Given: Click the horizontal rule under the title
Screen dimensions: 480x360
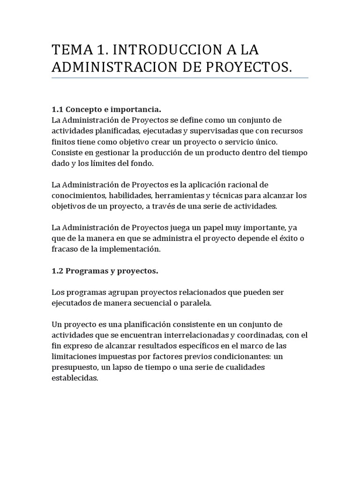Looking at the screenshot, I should (180, 78).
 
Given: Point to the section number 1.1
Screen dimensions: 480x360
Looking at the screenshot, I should (57, 109).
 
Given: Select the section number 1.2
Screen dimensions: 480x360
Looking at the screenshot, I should (57, 270).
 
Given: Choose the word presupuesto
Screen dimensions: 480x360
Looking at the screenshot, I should (75, 367).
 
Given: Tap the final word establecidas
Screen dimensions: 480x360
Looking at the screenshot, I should (75, 378).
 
